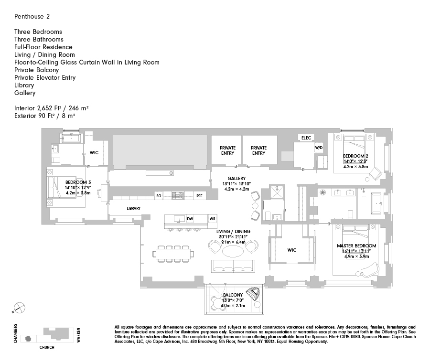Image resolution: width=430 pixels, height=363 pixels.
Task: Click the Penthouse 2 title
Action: coord(32,16)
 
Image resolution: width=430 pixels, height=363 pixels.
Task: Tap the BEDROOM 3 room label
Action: coord(78,182)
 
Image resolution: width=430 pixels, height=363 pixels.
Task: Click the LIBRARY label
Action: coord(133,209)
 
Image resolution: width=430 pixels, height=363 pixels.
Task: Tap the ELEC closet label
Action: coord(306,138)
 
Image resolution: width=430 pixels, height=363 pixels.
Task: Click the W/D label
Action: coord(319,148)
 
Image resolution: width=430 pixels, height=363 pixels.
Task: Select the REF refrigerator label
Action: coord(200,196)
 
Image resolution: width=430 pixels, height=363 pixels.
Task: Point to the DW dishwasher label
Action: coord(190,219)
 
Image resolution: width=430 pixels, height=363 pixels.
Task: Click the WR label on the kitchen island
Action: coord(212,219)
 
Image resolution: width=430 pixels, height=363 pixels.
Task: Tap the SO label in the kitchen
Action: coord(159,196)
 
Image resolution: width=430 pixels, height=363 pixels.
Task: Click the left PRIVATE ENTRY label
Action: coord(227,150)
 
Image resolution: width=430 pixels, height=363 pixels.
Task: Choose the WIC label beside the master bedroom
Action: coord(292,250)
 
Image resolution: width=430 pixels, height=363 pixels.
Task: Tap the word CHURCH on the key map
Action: coord(46,347)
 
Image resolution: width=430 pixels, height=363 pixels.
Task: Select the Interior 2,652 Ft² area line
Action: coord(51,108)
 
